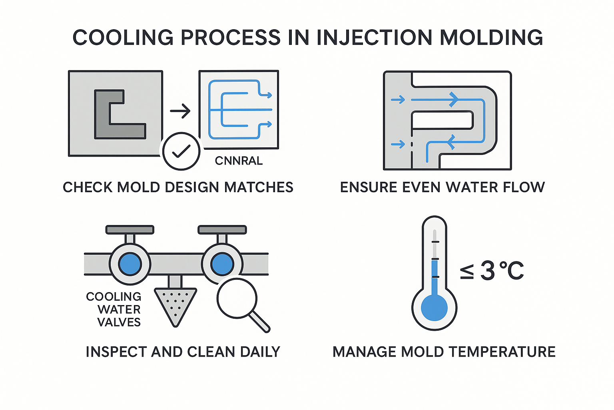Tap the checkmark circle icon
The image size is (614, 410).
[181, 151]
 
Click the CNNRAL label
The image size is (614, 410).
[239, 161]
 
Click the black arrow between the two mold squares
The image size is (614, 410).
[180, 111]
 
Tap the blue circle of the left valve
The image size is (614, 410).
[130, 264]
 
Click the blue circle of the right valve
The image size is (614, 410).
[222, 264]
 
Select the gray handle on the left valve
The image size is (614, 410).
[130, 230]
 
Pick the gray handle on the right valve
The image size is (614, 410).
[222, 230]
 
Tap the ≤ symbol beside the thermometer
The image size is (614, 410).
[467, 271]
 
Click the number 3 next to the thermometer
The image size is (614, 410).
[488, 271]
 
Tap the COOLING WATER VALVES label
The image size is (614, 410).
[114, 309]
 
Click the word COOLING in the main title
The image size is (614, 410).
[123, 38]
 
